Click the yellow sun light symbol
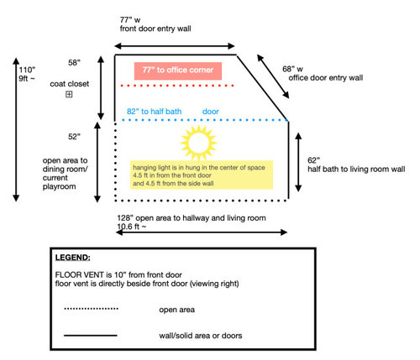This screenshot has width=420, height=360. click(199, 143)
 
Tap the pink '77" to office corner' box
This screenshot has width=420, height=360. click(178, 70)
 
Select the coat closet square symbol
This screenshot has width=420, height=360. click(69, 94)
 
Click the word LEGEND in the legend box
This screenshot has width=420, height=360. click(73, 258)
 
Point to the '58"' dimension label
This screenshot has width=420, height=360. click(74, 63)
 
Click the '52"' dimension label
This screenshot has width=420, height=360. click(74, 137)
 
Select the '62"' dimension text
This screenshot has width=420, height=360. click(313, 160)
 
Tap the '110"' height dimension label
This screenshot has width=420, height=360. click(27, 70)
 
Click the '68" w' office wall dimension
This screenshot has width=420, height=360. click(292, 69)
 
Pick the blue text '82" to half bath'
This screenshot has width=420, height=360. click(155, 112)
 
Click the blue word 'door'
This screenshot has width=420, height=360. click(211, 112)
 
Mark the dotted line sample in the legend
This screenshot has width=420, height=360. click(91, 309)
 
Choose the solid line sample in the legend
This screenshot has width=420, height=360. click(91, 335)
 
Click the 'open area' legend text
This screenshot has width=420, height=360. click(177, 310)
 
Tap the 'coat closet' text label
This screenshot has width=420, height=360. click(70, 84)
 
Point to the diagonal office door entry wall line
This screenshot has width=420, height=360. click(263, 88)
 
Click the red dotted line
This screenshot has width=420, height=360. click(177, 86)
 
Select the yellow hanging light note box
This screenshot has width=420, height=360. click(202, 175)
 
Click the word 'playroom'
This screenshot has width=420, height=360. click(60, 186)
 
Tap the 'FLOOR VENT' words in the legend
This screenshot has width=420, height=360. click(80, 274)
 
